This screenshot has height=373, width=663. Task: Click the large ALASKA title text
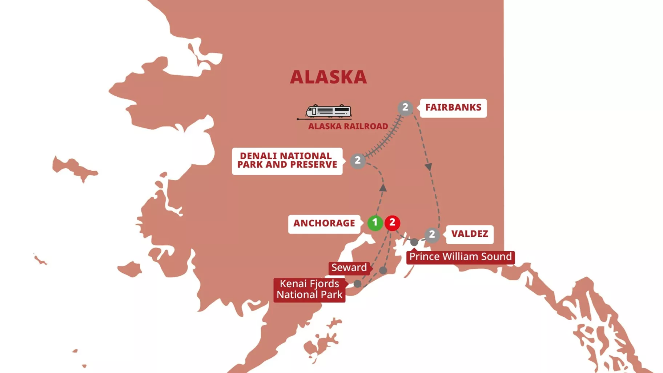328,77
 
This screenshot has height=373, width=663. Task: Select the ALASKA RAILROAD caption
348,126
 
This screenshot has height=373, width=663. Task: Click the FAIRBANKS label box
453,108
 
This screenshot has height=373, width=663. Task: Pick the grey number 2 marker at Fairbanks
405,108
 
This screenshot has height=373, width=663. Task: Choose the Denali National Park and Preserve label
287,161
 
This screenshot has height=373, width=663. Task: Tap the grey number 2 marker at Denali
358,161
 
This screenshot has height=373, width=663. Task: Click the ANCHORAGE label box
324,224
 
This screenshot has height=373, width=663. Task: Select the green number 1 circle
375,223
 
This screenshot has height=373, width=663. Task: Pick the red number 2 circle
392,223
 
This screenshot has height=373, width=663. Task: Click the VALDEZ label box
470,234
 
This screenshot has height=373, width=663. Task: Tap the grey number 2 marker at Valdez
432,235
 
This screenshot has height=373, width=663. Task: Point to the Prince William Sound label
460,257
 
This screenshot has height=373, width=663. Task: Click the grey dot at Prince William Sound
414,242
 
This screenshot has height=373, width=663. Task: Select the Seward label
349,268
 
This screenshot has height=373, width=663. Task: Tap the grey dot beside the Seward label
383,270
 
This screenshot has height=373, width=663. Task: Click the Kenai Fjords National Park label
309,289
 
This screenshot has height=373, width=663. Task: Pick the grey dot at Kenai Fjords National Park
357,284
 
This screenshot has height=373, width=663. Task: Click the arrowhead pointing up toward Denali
383,188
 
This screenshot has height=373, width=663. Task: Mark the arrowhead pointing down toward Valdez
429,167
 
